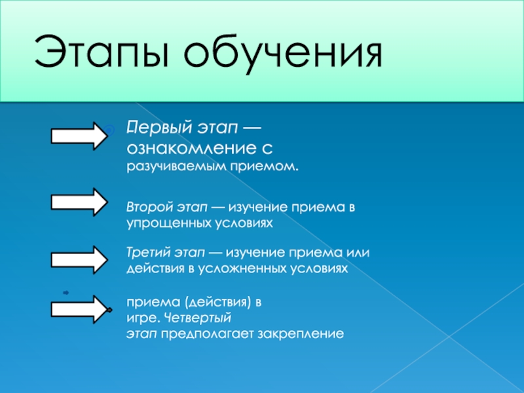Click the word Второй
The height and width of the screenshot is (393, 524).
point(148,207)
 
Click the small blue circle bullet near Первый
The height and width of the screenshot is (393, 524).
point(111,130)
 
